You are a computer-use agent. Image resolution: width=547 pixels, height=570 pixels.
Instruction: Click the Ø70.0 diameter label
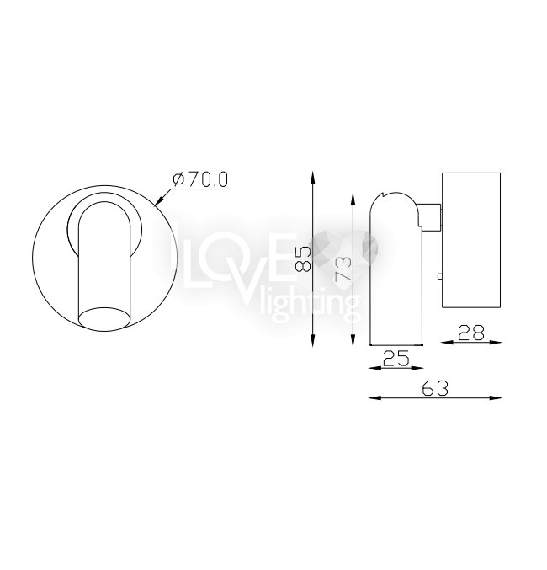pyautogui.click(x=200, y=180)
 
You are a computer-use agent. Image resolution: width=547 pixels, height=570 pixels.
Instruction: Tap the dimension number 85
pyautogui.click(x=304, y=258)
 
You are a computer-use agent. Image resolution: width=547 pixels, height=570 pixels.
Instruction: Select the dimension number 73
pyautogui.click(x=343, y=269)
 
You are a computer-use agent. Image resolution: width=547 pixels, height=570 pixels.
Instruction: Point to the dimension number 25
pyautogui.click(x=396, y=358)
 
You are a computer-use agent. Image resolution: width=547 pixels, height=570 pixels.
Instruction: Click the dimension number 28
pyautogui.click(x=471, y=333)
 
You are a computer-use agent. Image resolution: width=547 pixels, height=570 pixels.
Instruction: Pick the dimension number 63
pyautogui.click(x=435, y=388)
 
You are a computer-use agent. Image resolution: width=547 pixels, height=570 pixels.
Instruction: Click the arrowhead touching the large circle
pyautogui.click(x=159, y=201)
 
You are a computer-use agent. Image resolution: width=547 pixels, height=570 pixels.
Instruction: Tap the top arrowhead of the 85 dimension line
pyautogui.click(x=312, y=178)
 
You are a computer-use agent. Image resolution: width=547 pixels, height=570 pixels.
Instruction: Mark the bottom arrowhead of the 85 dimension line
pyautogui.click(x=312, y=340)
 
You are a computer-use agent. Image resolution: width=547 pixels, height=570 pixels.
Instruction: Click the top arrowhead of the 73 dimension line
pyautogui.click(x=353, y=199)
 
